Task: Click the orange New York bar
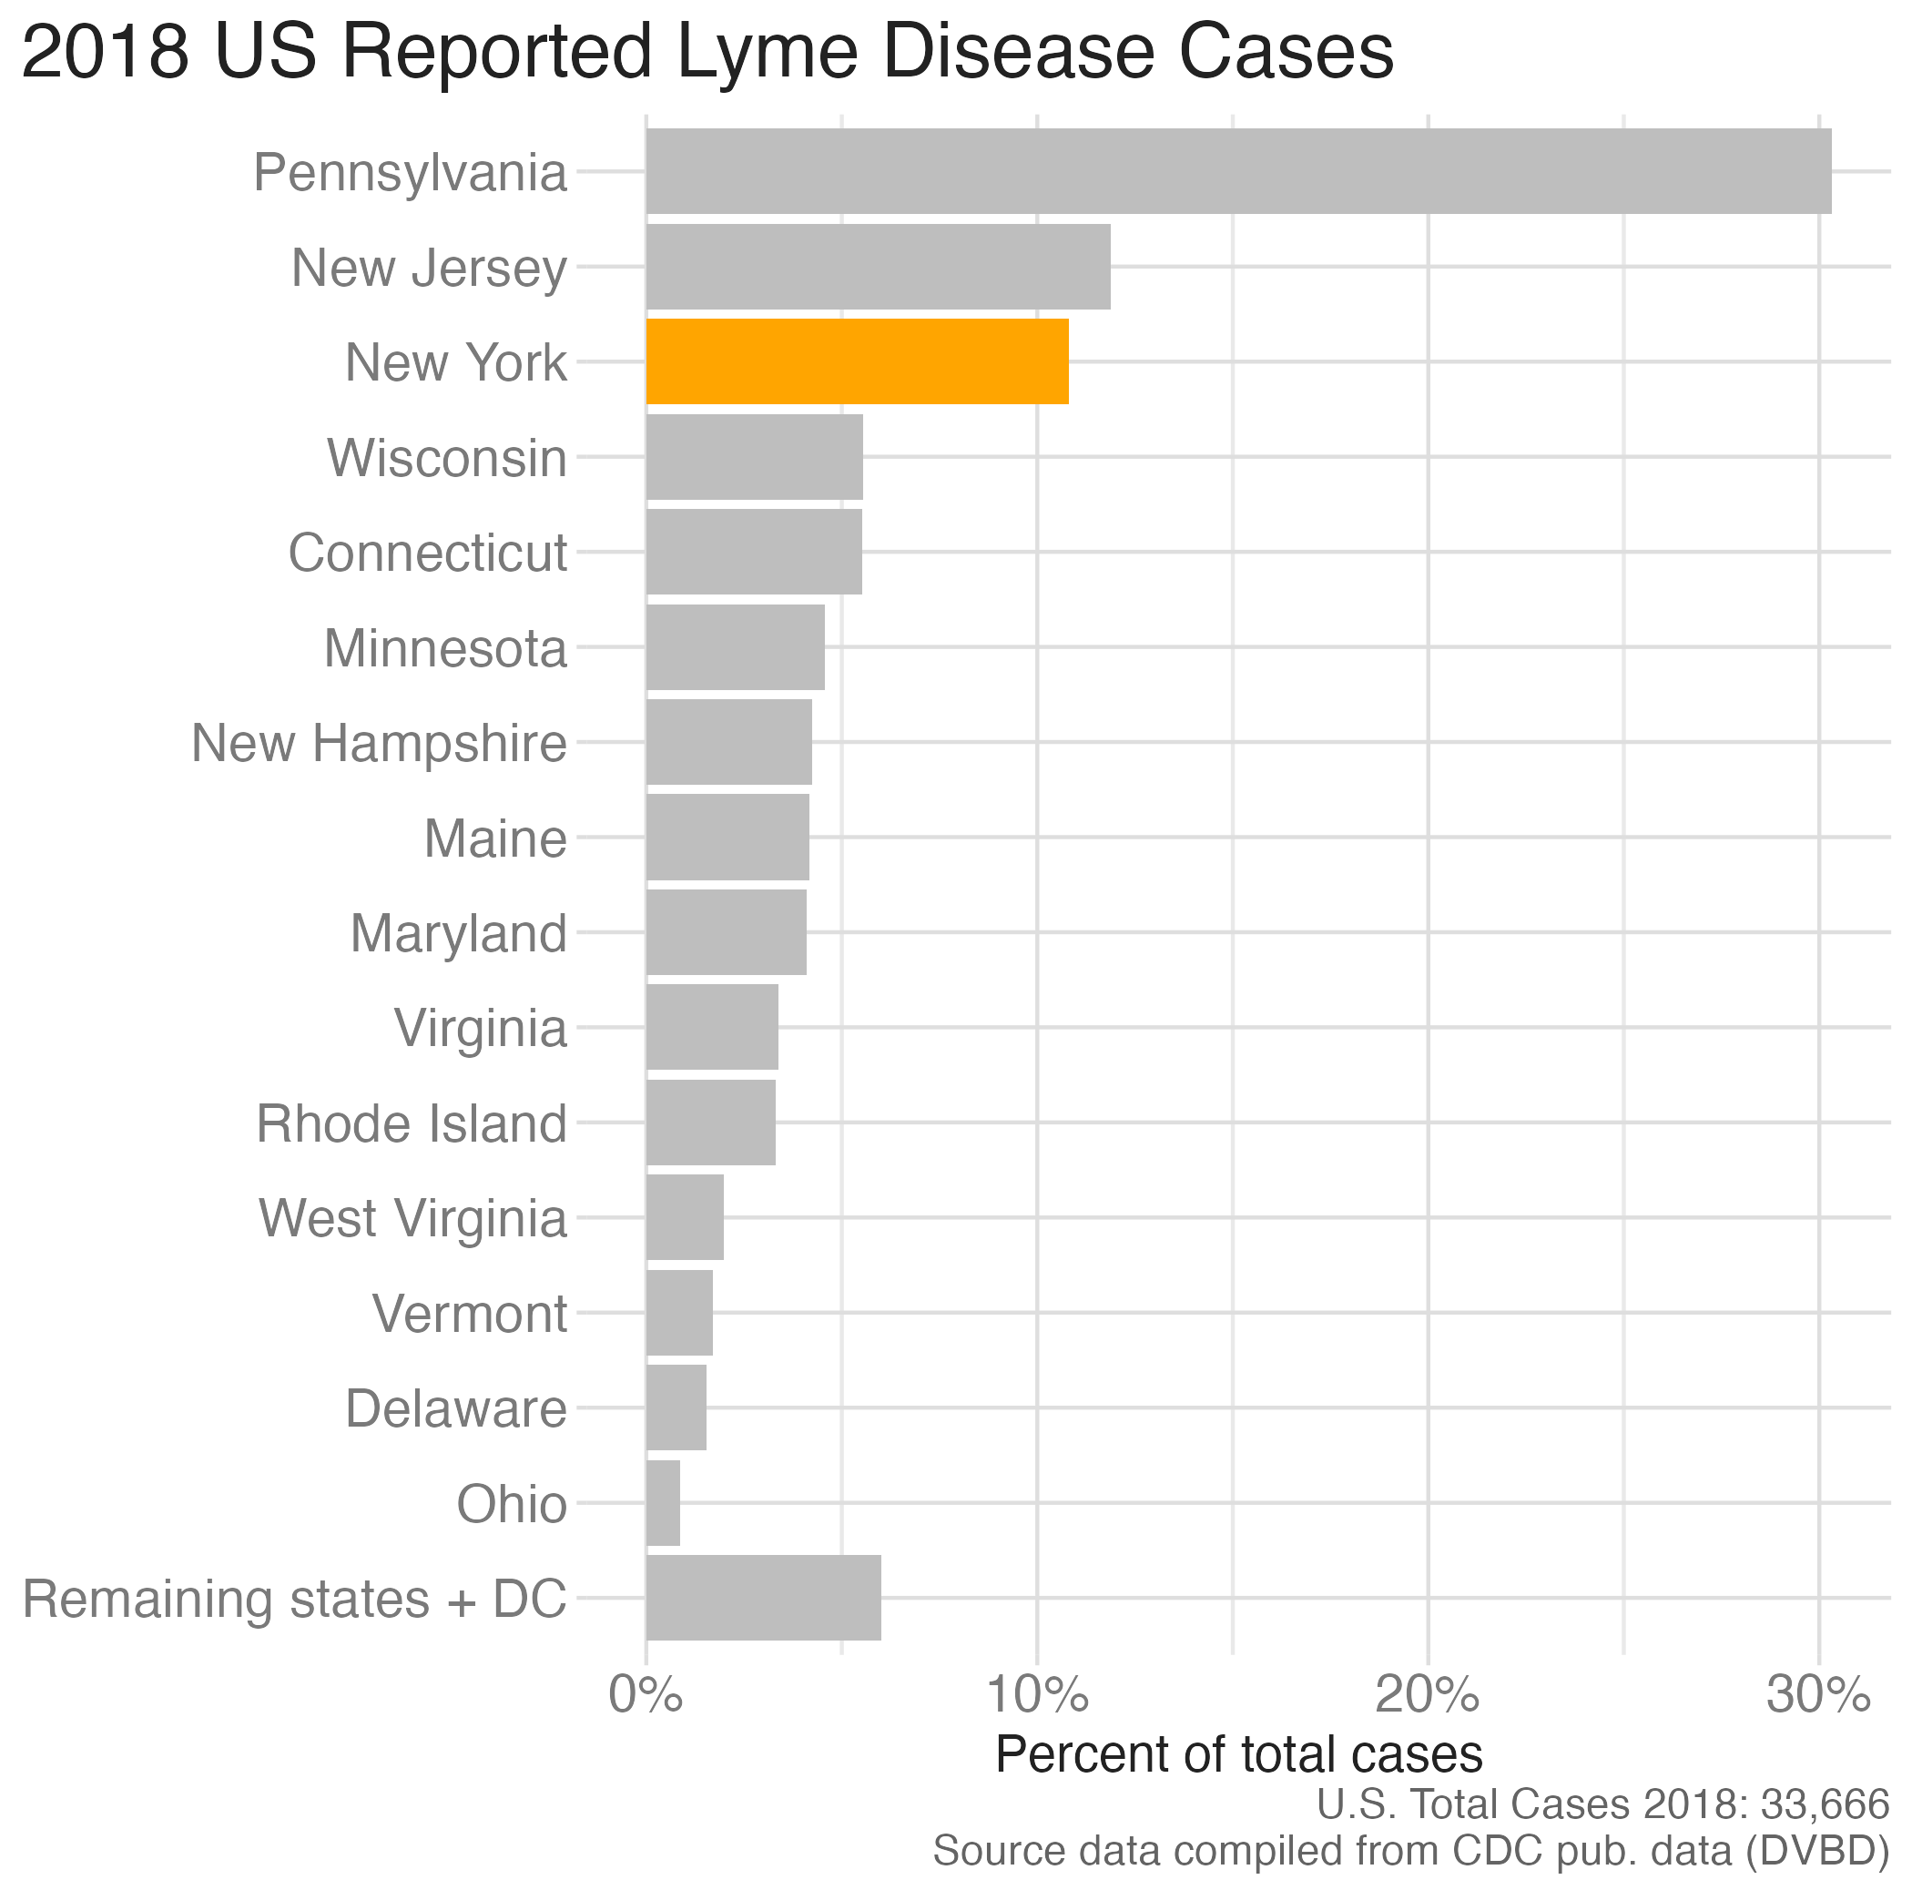coord(857,361)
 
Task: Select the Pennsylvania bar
coord(1239,171)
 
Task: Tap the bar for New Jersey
coord(878,266)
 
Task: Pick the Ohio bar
coord(663,1502)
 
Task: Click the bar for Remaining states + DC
coord(763,1597)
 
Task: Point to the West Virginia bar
coord(685,1217)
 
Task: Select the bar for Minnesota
coord(736,647)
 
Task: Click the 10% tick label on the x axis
coord(1037,1696)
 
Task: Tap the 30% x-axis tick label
coord(1818,1696)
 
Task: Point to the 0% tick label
coord(646,1696)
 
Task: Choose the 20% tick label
coord(1428,1696)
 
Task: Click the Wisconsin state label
coord(447,457)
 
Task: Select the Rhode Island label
coord(412,1123)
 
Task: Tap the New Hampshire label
coord(379,743)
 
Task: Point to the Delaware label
coord(456,1408)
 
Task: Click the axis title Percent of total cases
coord(1239,1753)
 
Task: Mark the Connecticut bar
coord(754,552)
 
